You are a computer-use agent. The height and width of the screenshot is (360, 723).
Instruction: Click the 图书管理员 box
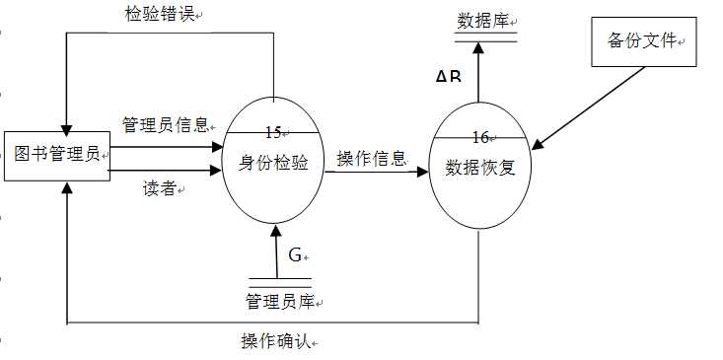[57, 154]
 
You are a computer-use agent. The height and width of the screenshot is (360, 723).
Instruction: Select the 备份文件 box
[639, 40]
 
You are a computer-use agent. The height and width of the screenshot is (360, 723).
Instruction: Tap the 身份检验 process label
[273, 163]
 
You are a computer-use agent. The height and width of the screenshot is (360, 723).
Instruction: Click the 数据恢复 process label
[480, 167]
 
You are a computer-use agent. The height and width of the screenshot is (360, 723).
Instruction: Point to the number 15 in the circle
[273, 131]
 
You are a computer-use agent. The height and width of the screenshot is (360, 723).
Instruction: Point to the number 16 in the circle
[480, 136]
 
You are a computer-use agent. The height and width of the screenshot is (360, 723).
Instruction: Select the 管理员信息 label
[164, 124]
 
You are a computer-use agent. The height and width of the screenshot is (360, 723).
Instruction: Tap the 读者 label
[160, 188]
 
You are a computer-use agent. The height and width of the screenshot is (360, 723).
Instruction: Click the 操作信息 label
[371, 158]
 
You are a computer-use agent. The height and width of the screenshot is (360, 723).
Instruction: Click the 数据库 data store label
[482, 21]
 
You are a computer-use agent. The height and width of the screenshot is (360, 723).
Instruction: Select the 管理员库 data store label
[282, 300]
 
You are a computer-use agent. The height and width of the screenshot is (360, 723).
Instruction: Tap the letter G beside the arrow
[295, 254]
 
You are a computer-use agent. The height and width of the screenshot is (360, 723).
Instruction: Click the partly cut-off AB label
[448, 76]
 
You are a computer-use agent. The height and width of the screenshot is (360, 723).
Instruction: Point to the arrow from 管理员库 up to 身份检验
[276, 252]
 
